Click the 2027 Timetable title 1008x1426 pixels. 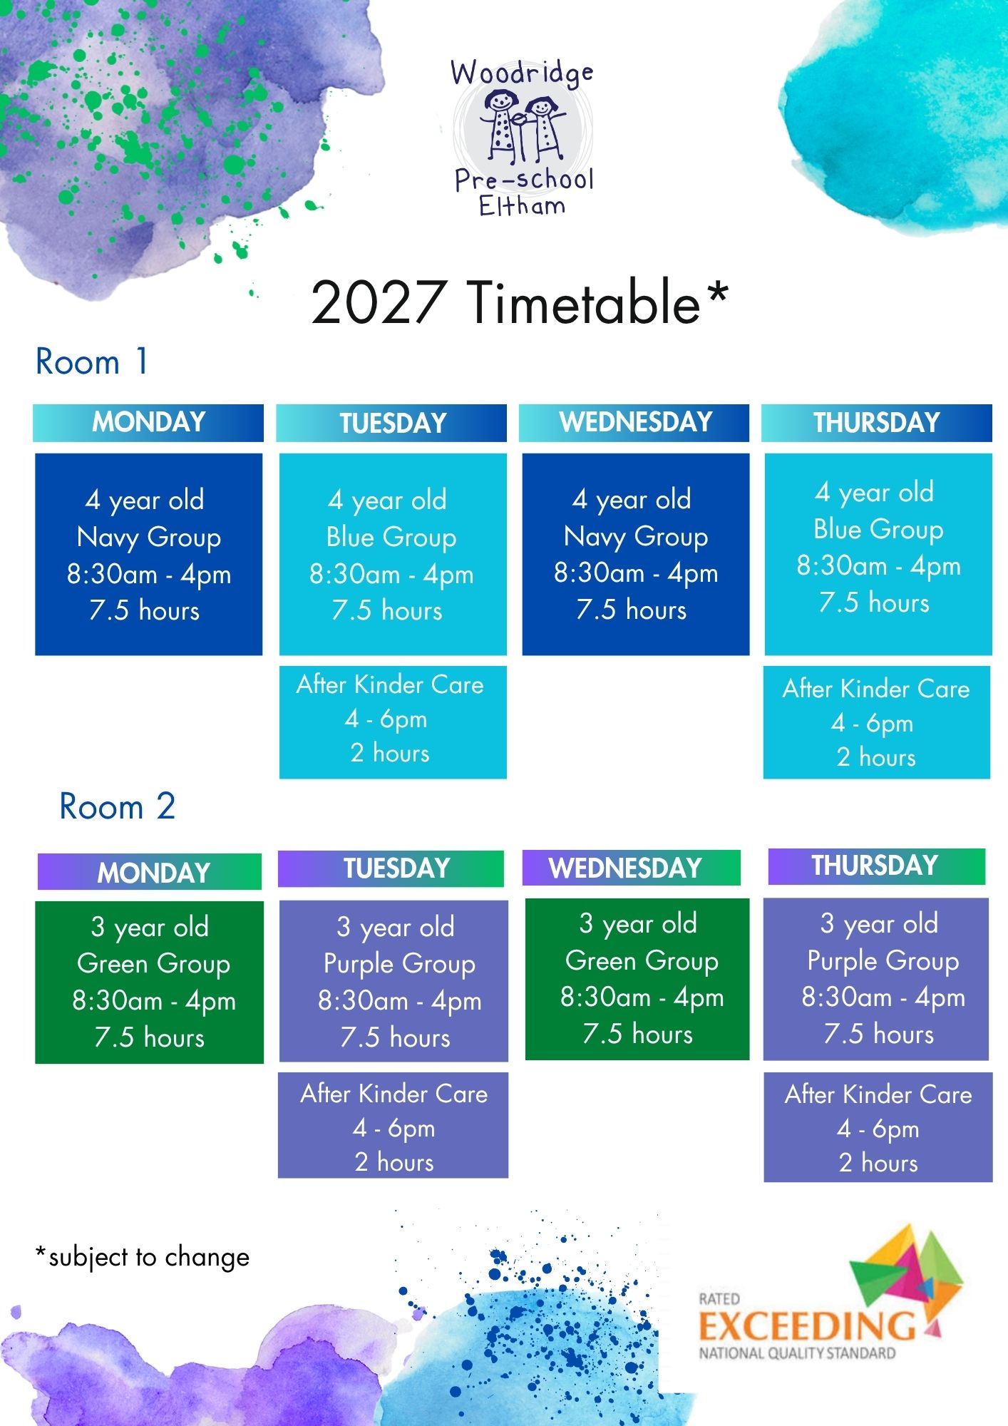click(x=520, y=302)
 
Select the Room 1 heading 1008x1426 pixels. click(x=92, y=361)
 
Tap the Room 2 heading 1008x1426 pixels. click(x=117, y=806)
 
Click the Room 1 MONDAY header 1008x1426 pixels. click(x=148, y=423)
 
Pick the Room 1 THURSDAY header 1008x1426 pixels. click(x=876, y=423)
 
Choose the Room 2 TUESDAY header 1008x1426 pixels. click(x=391, y=868)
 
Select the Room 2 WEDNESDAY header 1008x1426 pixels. click(x=632, y=868)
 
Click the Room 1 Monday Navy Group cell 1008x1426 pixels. click(x=148, y=554)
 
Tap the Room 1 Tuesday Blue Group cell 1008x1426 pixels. click(x=393, y=554)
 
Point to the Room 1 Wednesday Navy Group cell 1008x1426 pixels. click(x=636, y=554)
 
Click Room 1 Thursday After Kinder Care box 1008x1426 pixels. click(x=877, y=722)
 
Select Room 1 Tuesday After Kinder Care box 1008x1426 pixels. click(x=393, y=722)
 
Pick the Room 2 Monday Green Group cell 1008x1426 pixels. click(x=149, y=983)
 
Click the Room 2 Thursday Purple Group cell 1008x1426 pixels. click(x=876, y=979)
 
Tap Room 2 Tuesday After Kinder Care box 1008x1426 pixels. click(x=393, y=1125)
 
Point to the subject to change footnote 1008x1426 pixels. click(x=143, y=1257)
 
